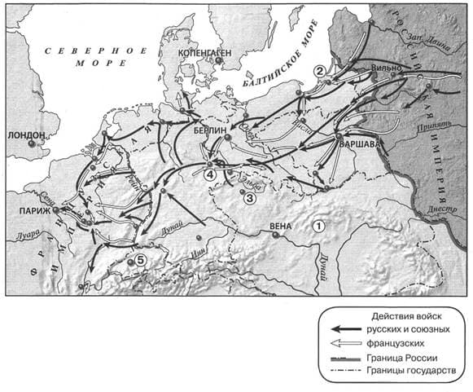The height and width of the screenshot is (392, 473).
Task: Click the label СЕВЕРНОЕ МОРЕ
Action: click(97, 56)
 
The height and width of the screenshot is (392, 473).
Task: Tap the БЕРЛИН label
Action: click(209, 130)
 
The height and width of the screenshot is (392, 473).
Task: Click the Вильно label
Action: click(385, 66)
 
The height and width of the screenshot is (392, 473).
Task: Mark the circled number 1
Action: click(320, 227)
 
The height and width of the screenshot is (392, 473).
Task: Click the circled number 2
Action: click(320, 70)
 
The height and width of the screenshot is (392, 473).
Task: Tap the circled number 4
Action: click(210, 174)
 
